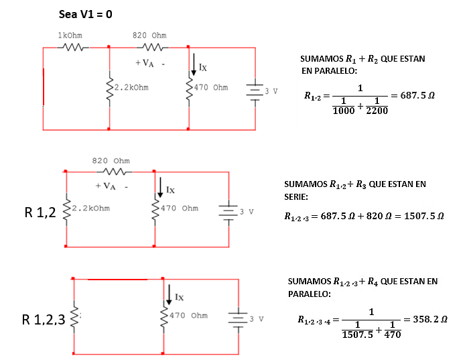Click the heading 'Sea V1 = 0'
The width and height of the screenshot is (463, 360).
(x=85, y=14)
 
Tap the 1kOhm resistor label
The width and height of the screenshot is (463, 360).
(x=70, y=36)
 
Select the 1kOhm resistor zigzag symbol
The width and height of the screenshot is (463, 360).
(x=72, y=47)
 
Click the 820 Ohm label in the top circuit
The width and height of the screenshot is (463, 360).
(x=149, y=36)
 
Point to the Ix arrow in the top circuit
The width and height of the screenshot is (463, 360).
(x=194, y=64)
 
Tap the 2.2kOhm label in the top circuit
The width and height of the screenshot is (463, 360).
(x=131, y=87)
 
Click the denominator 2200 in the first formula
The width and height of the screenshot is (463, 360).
(x=377, y=111)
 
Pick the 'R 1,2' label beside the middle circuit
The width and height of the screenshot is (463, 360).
(x=40, y=213)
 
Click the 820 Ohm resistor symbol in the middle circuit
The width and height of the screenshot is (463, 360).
(x=115, y=172)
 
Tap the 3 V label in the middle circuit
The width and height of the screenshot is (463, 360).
(x=247, y=212)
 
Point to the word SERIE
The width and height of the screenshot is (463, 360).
(x=296, y=197)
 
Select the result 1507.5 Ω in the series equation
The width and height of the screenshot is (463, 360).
(x=424, y=216)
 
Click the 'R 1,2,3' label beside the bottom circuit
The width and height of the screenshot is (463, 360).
(x=44, y=320)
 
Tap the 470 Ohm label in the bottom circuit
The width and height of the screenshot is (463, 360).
(x=188, y=315)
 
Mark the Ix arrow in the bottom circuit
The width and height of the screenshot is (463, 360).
(x=169, y=295)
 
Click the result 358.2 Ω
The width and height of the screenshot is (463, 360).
(x=430, y=319)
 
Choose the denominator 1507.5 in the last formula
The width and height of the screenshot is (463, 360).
(x=357, y=335)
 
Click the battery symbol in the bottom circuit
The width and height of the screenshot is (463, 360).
(x=238, y=319)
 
